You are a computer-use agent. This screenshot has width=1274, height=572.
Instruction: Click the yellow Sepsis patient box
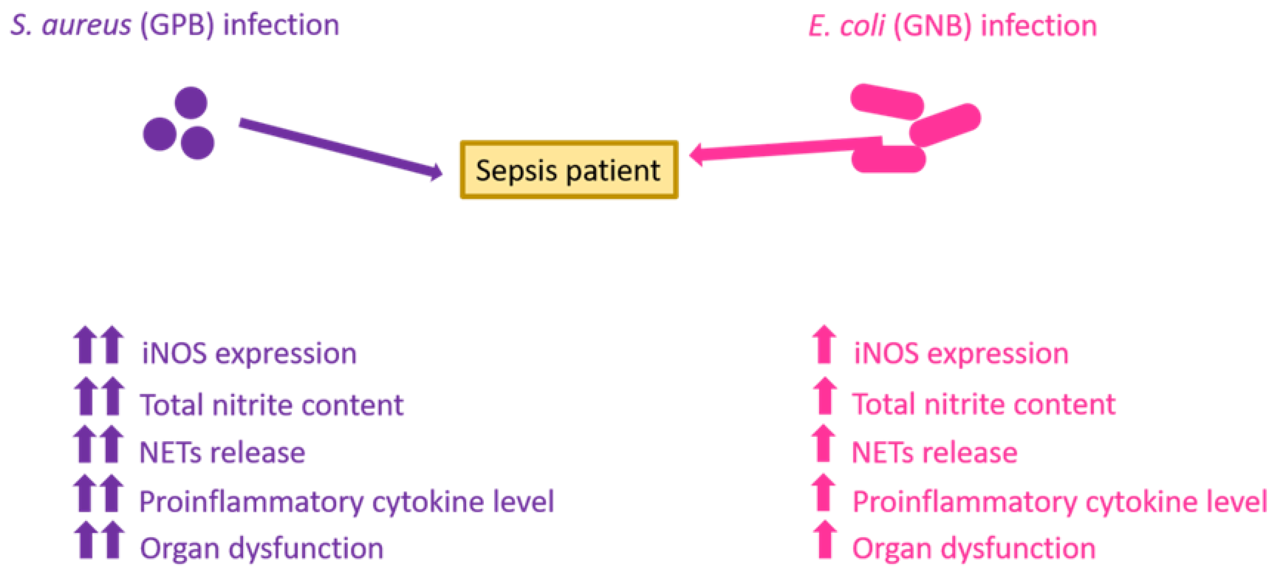click(568, 170)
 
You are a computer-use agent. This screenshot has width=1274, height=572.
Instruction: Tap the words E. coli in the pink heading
click(846, 26)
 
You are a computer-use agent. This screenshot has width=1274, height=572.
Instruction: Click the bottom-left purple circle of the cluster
click(159, 134)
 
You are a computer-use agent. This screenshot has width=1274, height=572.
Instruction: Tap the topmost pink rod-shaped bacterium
click(887, 102)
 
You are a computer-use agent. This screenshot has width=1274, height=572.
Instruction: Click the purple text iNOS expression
click(249, 353)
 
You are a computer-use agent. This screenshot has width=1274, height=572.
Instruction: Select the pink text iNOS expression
click(961, 353)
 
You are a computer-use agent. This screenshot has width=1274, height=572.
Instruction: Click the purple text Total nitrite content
click(272, 405)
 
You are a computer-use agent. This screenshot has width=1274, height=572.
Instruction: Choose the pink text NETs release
click(934, 452)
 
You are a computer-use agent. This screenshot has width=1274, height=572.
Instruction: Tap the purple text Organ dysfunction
click(261, 548)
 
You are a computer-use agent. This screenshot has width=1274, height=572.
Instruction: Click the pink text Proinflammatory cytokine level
click(1059, 502)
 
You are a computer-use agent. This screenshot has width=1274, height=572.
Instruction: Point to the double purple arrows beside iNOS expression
click(98, 345)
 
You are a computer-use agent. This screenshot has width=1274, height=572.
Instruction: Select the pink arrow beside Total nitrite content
click(824, 396)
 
